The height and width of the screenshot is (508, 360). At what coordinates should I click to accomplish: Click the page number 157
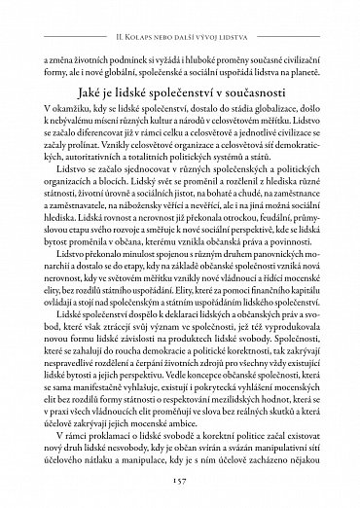180,481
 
